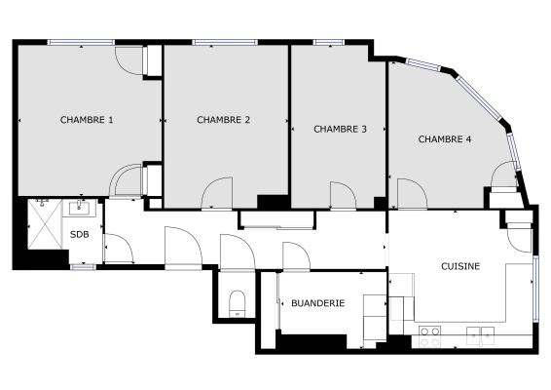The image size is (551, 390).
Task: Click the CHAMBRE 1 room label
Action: (x=87, y=120)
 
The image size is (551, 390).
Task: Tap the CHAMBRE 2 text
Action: (x=224, y=120)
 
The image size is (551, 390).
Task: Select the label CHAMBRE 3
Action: (x=340, y=129)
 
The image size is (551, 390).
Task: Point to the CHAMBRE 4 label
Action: (x=445, y=139)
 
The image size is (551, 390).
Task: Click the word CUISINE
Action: (x=459, y=265)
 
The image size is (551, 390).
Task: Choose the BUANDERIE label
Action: (x=318, y=303)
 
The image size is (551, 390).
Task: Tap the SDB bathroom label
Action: (x=80, y=234)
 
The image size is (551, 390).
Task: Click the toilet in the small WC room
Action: (x=236, y=303)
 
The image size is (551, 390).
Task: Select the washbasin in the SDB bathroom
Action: (x=79, y=208)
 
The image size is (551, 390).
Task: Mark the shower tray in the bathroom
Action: (x=42, y=225)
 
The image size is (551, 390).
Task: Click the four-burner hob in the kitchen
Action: (x=429, y=336)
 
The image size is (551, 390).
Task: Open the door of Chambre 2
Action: (x=217, y=195)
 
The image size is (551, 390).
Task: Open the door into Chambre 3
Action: (x=342, y=196)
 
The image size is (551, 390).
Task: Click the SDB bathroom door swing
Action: (x=119, y=251)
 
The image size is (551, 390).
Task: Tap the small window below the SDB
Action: (x=83, y=266)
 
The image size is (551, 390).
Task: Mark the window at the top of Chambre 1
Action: (x=80, y=42)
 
